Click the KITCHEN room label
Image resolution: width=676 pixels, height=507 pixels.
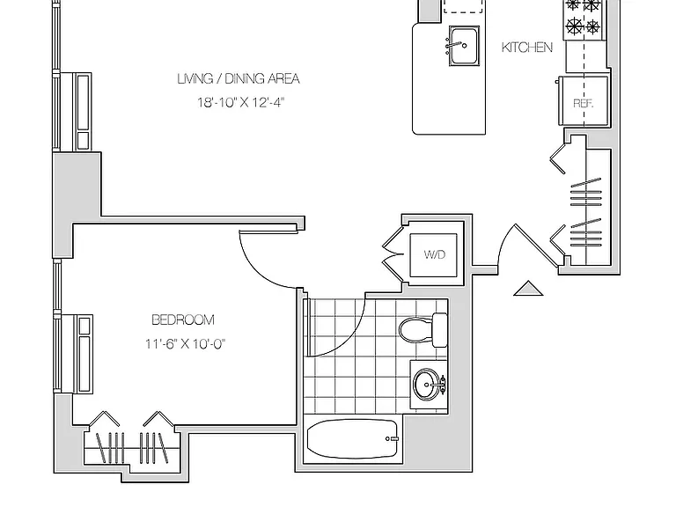point(527,47)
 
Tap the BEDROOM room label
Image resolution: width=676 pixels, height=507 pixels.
point(183,320)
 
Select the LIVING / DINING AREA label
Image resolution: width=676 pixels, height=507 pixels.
point(239,78)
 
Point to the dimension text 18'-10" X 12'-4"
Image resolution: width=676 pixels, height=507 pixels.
point(241,103)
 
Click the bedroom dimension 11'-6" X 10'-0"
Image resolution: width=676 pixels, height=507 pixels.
point(186,343)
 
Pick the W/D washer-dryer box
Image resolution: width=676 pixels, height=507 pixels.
point(433,254)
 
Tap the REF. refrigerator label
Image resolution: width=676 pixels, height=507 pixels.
point(584,104)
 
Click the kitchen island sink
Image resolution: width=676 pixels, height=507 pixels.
point(464,45)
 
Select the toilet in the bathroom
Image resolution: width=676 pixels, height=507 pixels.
point(423,330)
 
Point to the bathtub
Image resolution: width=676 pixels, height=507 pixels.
point(352,439)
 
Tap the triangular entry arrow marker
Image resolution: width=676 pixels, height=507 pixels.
point(528,289)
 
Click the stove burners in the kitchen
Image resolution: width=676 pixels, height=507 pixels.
point(584,18)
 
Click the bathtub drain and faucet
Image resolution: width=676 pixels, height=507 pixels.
point(392,439)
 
